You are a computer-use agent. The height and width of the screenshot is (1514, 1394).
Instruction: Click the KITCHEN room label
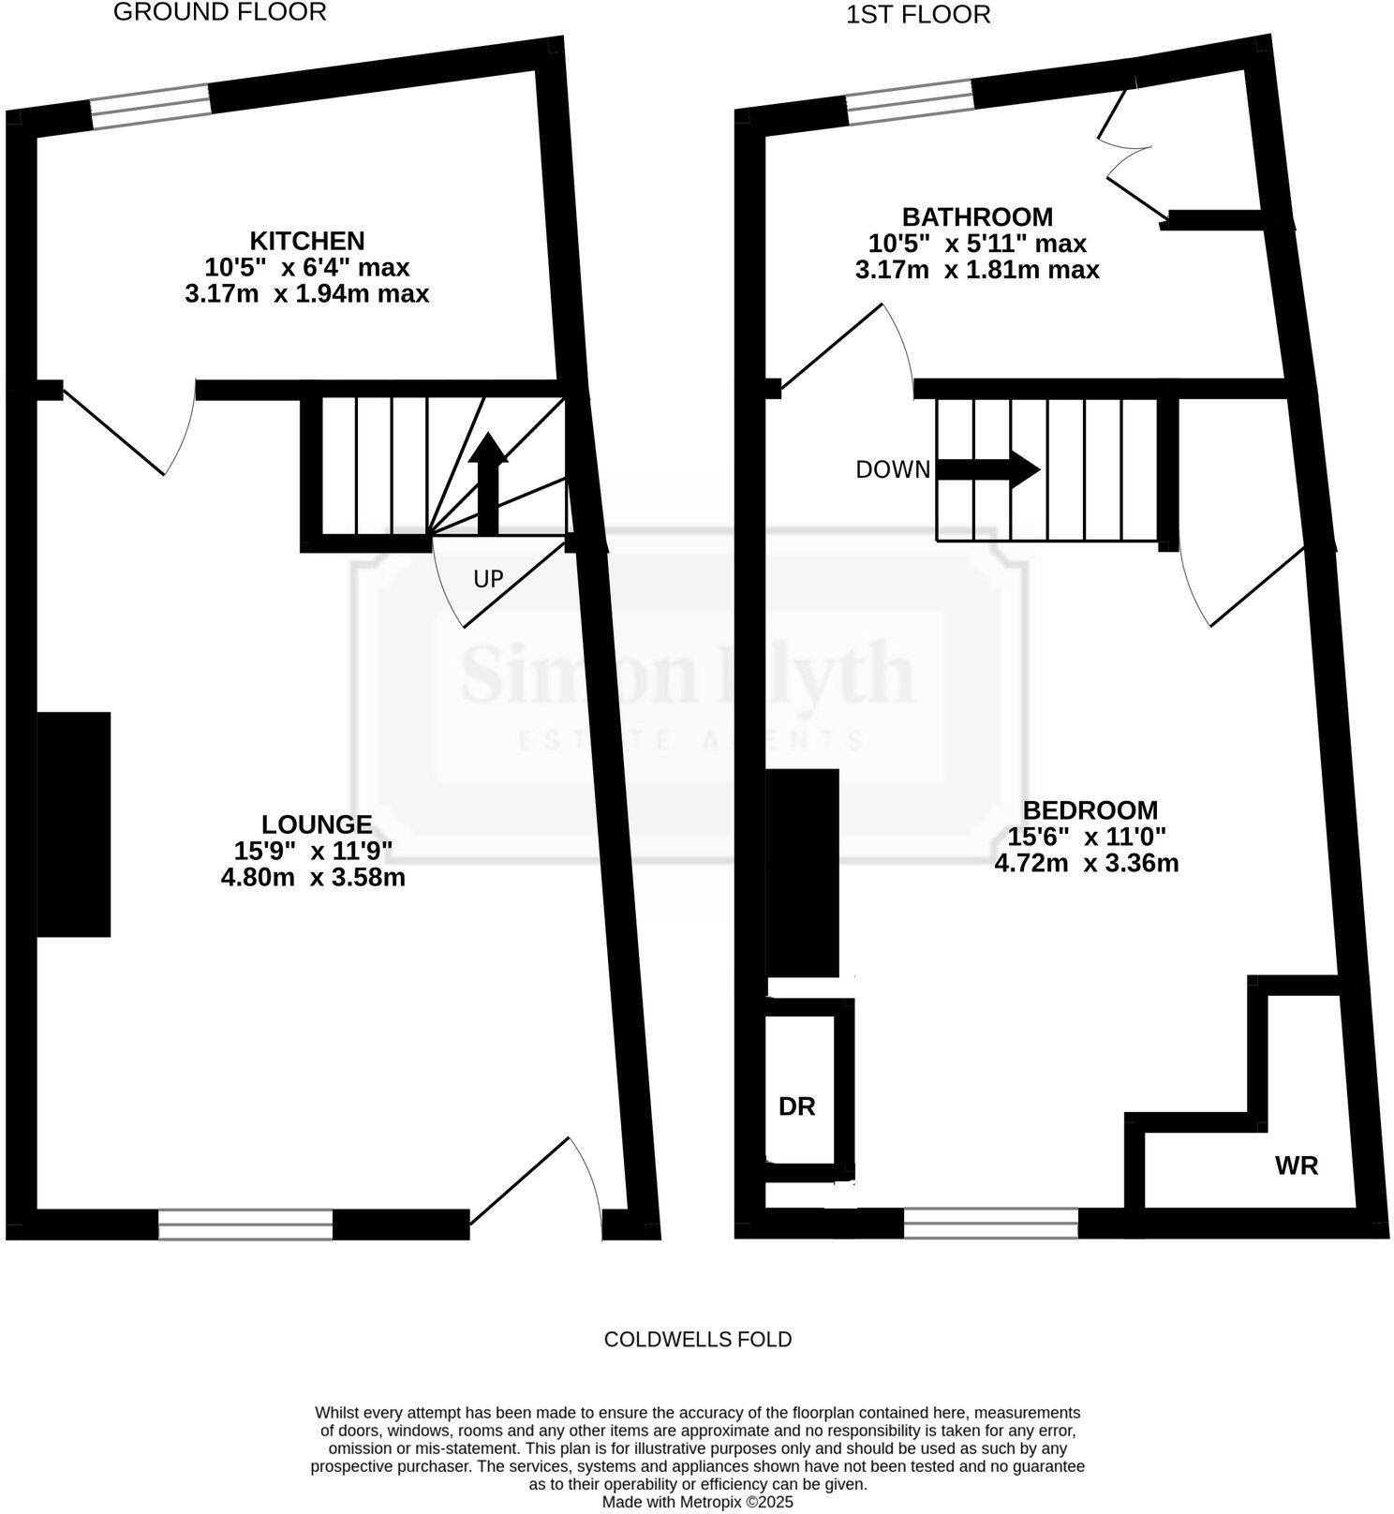point(306,241)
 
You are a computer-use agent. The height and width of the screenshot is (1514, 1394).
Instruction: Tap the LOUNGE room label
point(316,824)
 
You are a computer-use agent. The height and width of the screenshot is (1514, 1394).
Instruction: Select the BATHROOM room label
point(977,216)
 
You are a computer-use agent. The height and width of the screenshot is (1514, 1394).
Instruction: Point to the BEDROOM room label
point(1090,810)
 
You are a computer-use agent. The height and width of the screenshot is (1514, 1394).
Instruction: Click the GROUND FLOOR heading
point(219,12)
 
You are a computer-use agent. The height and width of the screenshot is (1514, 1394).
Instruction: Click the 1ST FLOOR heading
point(917,15)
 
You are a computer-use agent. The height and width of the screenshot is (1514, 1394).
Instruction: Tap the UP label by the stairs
point(488,579)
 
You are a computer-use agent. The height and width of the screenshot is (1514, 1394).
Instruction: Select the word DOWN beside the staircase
point(893,469)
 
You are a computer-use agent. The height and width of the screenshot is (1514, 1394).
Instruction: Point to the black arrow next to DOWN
point(988,469)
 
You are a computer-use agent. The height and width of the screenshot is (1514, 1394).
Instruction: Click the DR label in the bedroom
point(797,1106)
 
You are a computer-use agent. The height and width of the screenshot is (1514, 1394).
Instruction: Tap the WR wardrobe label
point(1297,1165)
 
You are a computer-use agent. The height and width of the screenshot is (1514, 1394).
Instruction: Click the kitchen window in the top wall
point(150,106)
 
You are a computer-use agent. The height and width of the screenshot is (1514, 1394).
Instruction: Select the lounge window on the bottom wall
point(245,1225)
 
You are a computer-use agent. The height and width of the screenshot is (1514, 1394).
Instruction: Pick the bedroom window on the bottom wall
point(990,1223)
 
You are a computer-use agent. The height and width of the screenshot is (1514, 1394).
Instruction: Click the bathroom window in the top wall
point(909,101)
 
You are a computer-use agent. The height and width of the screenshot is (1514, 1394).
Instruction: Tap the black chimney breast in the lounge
point(74,824)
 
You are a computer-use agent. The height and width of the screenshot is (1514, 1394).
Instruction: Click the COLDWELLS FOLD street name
point(698,1339)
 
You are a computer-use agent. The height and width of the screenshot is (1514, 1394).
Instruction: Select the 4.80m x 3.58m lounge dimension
point(313,878)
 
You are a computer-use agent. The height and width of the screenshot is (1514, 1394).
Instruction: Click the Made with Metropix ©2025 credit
point(697,1502)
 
